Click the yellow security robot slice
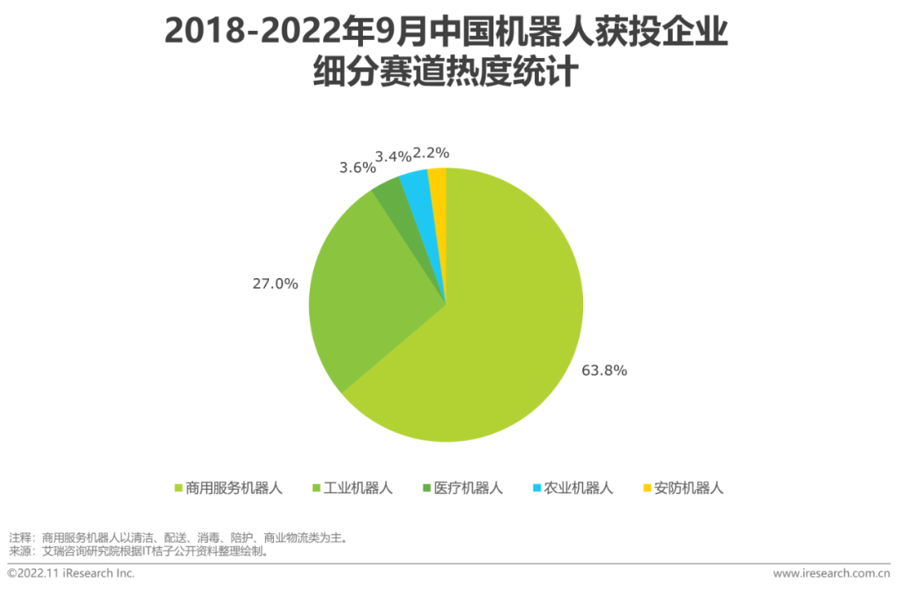(x=438, y=176)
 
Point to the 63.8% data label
(x=604, y=370)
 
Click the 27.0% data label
(x=275, y=283)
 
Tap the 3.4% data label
(x=393, y=155)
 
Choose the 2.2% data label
(x=431, y=153)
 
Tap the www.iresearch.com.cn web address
(x=831, y=574)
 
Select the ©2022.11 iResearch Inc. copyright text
(x=71, y=574)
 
